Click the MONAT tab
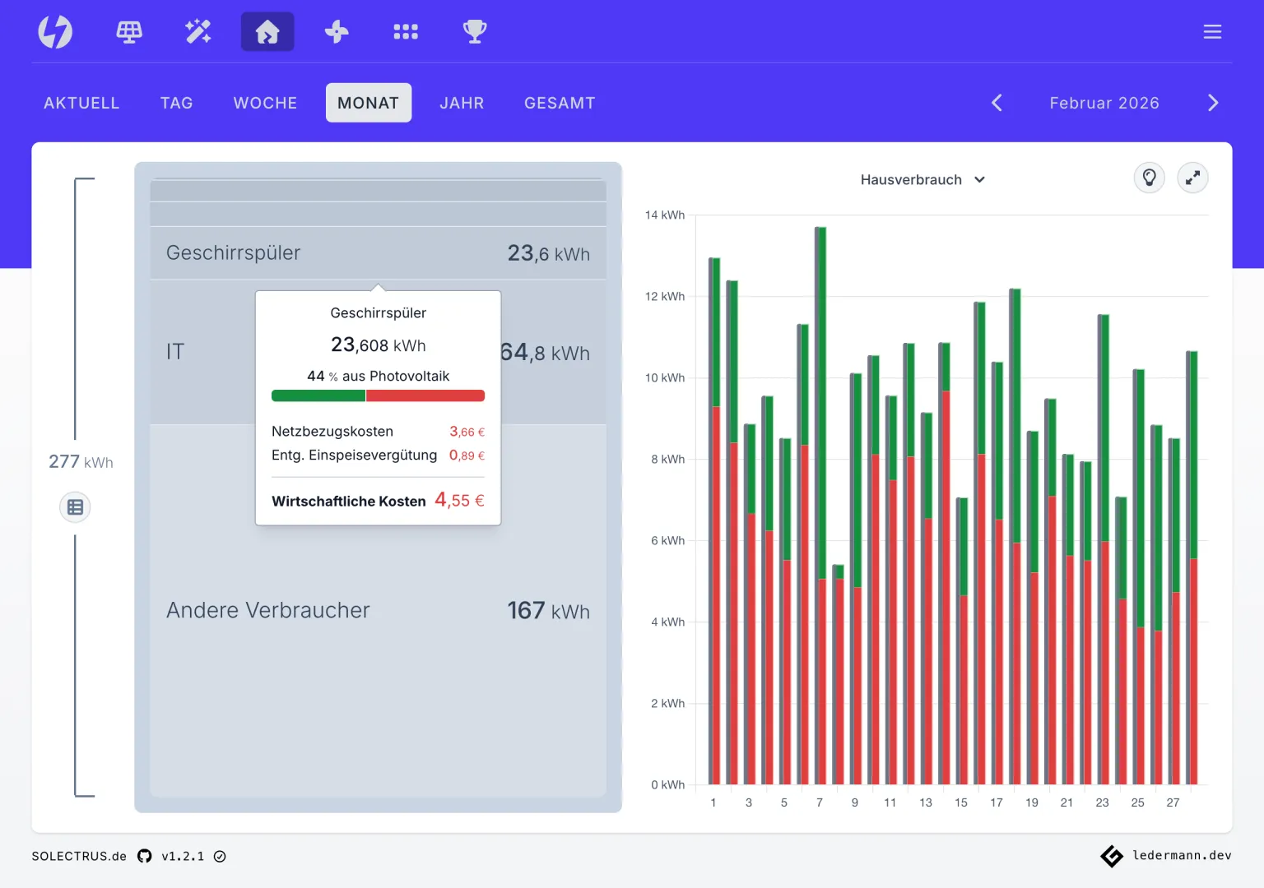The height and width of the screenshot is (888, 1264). coord(369,103)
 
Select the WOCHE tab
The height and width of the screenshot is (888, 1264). coord(265,103)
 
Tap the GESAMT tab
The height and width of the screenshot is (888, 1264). coord(560,103)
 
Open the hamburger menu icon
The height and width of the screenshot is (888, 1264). coord(1212,31)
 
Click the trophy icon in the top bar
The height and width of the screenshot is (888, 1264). coord(475,31)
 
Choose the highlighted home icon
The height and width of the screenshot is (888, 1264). coord(267,31)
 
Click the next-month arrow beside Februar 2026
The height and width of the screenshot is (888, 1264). coord(1213,103)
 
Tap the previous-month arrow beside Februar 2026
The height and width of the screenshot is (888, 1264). coord(997,103)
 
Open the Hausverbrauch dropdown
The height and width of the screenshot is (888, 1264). coord(922,179)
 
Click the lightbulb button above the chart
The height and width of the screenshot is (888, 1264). coord(1150,178)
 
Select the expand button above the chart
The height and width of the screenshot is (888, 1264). coord(1192,178)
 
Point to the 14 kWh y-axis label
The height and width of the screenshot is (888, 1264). coord(664,215)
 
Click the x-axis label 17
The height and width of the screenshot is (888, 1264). coord(997,802)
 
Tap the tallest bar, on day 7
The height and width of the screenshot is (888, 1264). coord(820,505)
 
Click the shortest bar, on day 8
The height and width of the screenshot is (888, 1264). coord(838,674)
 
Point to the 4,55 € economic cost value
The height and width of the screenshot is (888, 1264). coord(459,500)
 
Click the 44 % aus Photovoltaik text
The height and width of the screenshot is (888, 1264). coord(378,376)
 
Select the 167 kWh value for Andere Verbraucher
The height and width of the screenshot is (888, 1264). coord(549,611)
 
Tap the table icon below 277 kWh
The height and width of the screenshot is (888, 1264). coord(75,506)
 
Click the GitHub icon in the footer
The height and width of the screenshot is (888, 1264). coord(145,856)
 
